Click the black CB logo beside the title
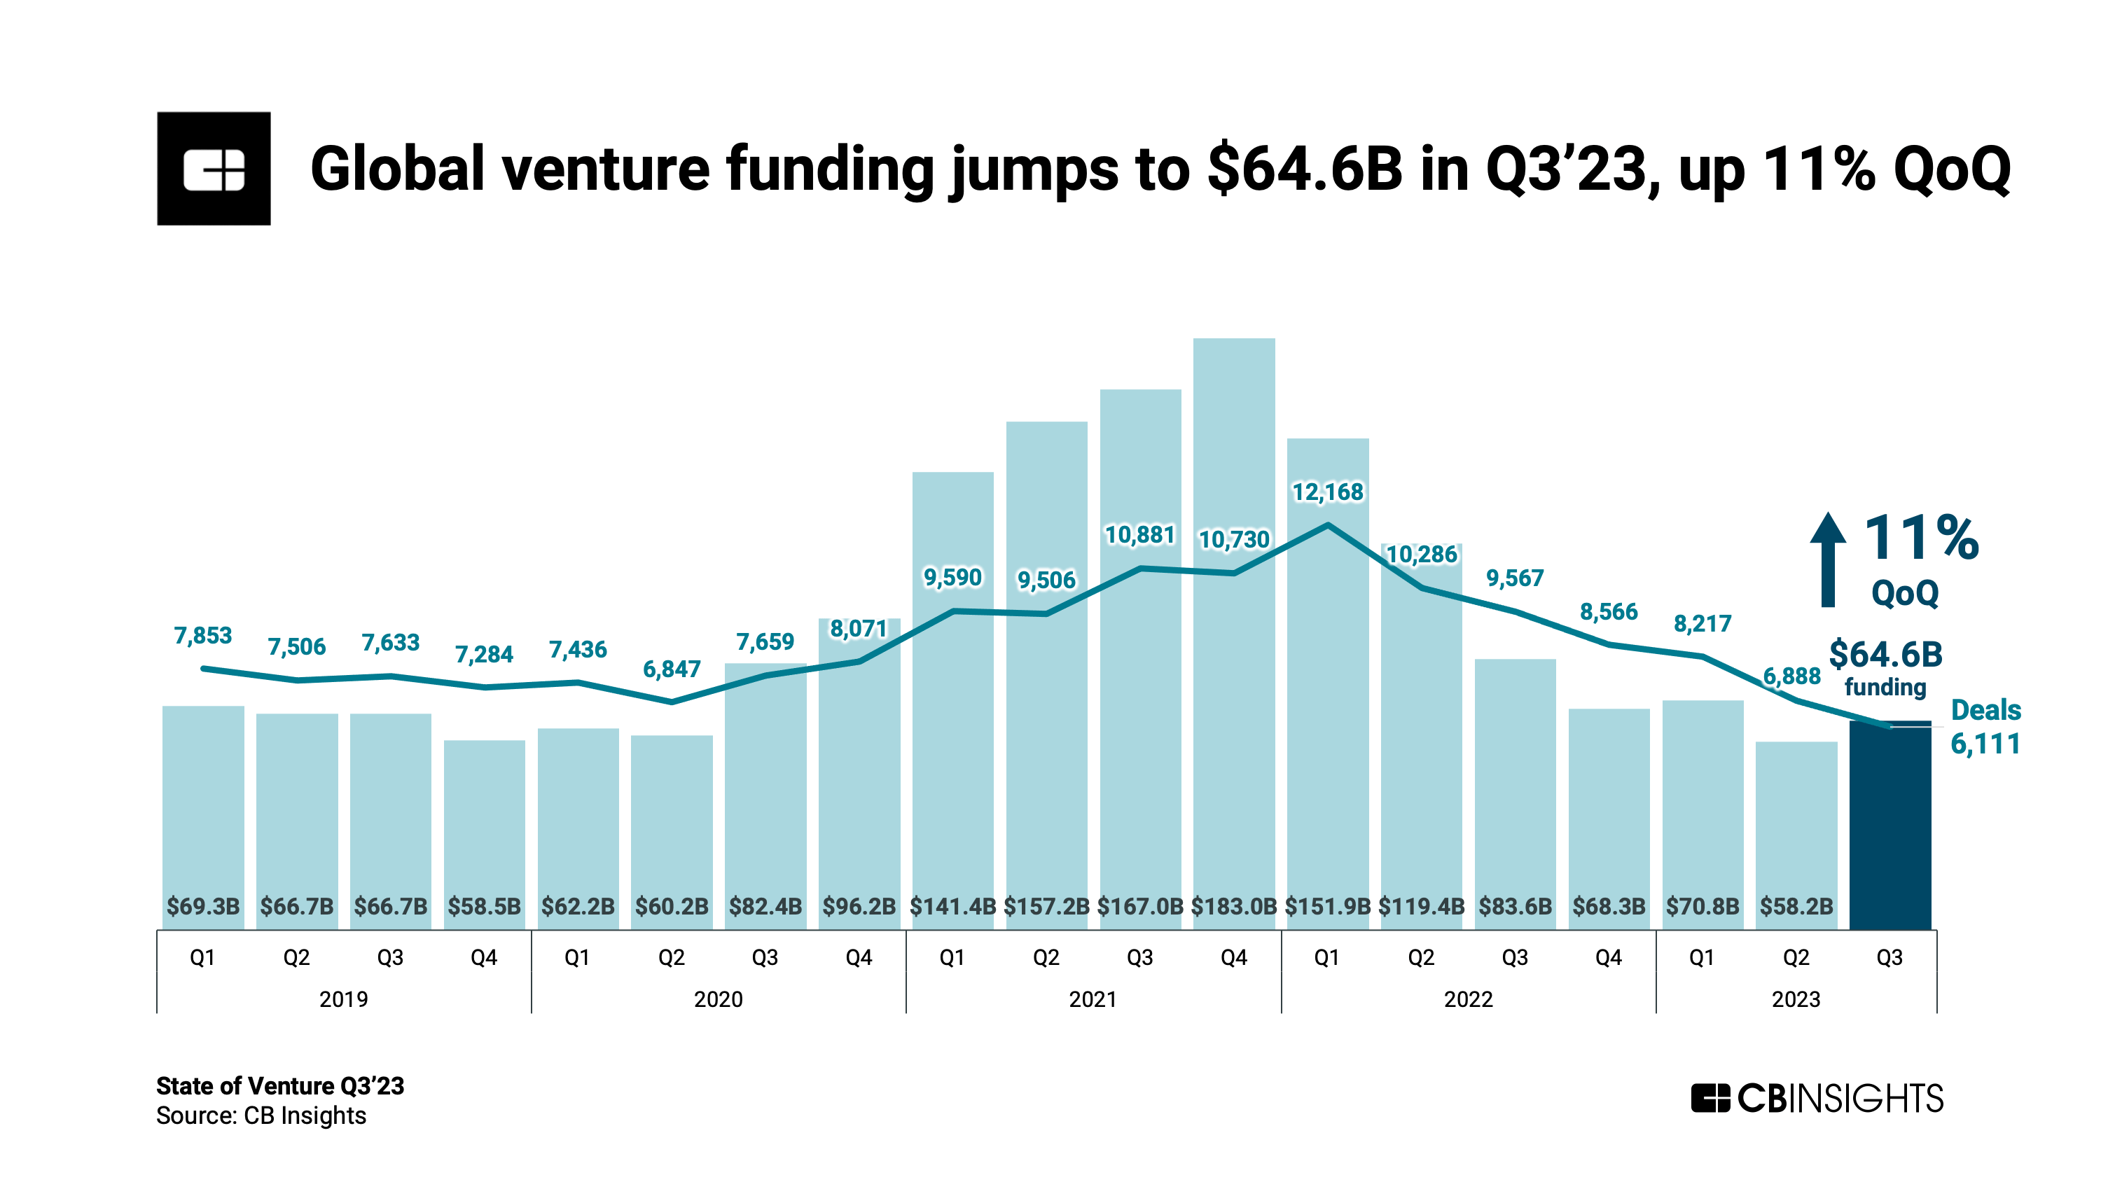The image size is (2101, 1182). tap(214, 168)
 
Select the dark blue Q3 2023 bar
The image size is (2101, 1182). tap(1889, 824)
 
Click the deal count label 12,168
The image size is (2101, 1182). tap(1327, 492)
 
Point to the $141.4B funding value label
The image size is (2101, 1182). tap(952, 906)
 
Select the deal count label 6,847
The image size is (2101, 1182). tap(671, 669)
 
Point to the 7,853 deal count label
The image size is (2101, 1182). tap(202, 635)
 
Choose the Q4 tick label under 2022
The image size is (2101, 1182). tap(1609, 958)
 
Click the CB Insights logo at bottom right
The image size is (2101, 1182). tap(1817, 1098)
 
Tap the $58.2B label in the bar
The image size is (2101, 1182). tap(1796, 906)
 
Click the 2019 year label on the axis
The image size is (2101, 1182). tap(342, 999)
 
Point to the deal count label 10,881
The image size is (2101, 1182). tap(1139, 535)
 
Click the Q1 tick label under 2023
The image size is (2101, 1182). tap(1701, 958)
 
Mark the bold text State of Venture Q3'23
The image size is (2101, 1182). tap(279, 1086)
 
